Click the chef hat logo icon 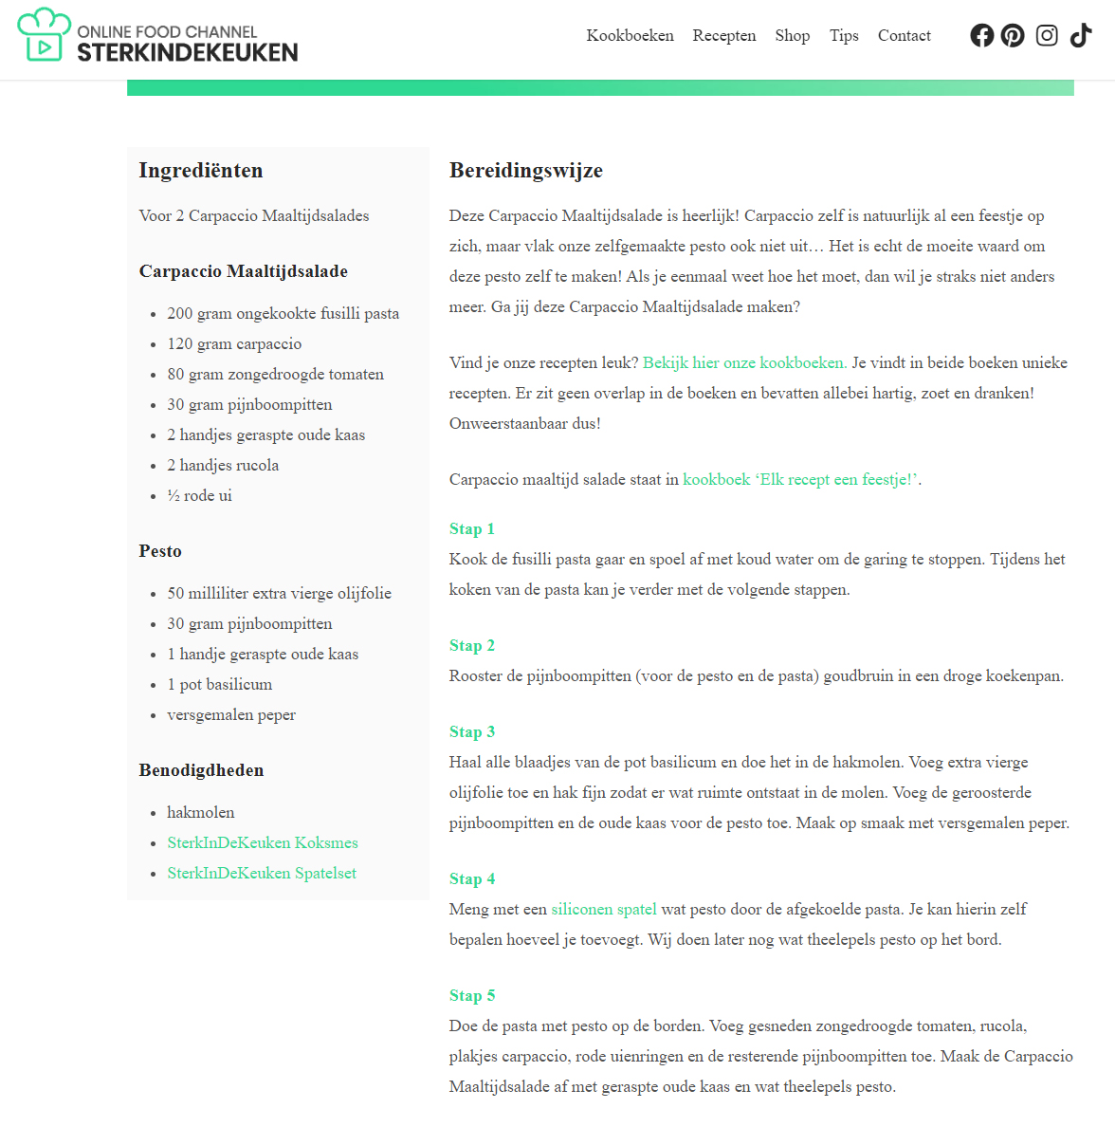pos(44,36)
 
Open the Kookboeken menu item pos(630,36)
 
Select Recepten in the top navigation pos(723,36)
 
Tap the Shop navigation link pos(792,36)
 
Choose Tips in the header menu pos(844,36)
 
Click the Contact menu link pos(904,36)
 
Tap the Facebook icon pos(982,36)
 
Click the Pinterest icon pos(1013,36)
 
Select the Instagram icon pos(1047,36)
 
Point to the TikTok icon pos(1081,36)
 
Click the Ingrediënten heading pos(201,171)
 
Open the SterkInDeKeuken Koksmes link pos(263,842)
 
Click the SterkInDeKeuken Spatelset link pos(262,873)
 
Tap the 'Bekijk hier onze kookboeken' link pos(744,362)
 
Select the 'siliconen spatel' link pos(604,909)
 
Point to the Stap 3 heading pos(472,731)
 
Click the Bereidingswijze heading pos(526,171)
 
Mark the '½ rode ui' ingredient pos(199,495)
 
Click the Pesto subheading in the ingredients pos(160,551)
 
